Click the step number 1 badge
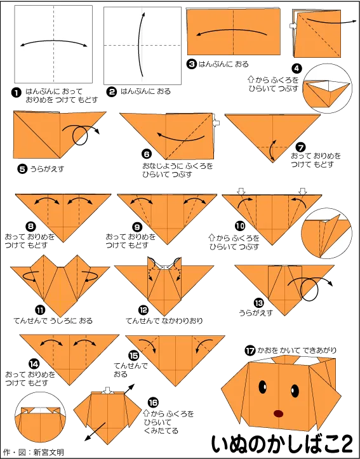pos(15,93)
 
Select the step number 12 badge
pos(143,310)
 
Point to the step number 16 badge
pos(153,402)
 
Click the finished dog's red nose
pos(279,414)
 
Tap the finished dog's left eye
pos(263,387)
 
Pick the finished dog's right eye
pos(295,391)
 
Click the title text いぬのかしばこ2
pos(282,444)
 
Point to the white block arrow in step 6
pos(216,123)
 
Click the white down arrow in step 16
pos(107,390)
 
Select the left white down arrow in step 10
pos(241,192)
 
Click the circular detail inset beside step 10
pos(326,233)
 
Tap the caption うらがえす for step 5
pos(47,169)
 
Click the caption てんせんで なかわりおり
pos(164,321)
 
